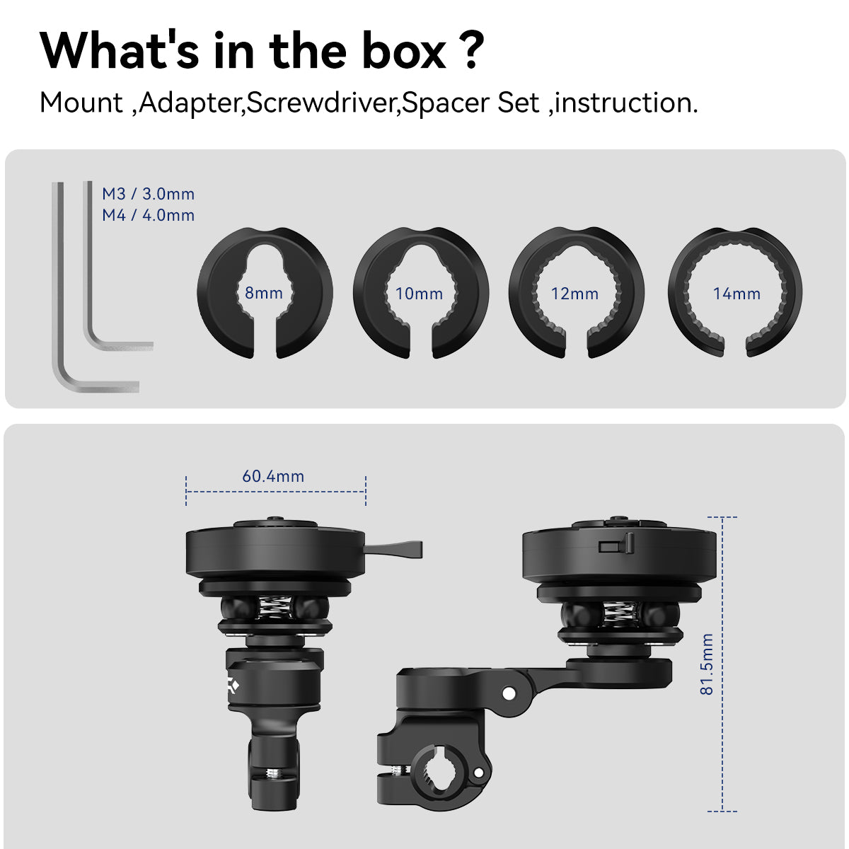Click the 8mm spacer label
coord(263,293)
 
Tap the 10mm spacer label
coord(419,294)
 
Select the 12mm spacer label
coord(574,294)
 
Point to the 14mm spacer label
coord(737,294)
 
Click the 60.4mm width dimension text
coord(273,476)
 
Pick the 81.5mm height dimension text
coord(707,664)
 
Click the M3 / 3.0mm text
coord(148,194)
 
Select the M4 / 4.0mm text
coord(148,215)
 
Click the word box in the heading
coord(404,51)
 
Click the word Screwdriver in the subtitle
coord(320,103)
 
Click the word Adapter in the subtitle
coord(190,104)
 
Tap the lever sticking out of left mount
coord(393,550)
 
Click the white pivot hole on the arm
coord(509,693)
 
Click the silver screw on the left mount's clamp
coord(274,773)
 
